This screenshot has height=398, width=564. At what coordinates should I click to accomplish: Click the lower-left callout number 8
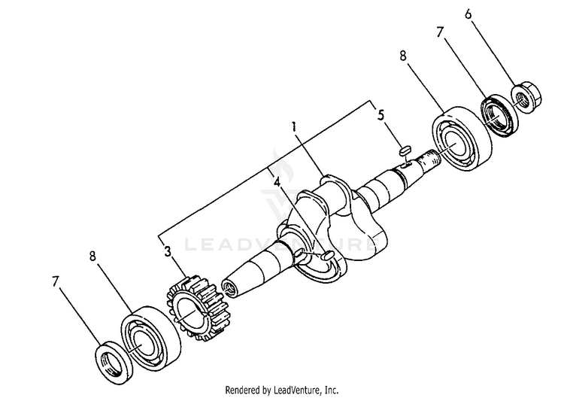[92, 256]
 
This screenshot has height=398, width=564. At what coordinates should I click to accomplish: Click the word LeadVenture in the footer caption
[296, 390]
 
